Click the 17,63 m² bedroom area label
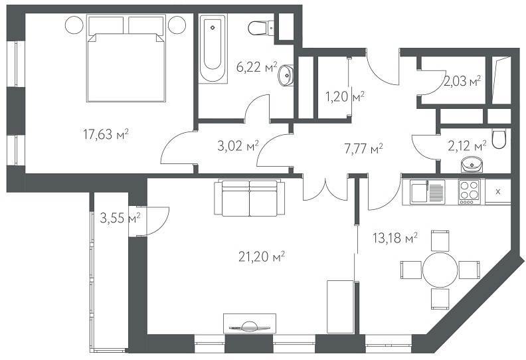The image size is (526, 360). [106, 135]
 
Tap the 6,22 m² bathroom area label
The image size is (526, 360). [257, 67]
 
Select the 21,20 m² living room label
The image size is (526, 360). [262, 257]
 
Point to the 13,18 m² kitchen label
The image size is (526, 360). [395, 238]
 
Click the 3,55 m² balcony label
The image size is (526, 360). [120, 219]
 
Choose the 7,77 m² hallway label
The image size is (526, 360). [364, 148]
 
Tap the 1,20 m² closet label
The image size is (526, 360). [345, 97]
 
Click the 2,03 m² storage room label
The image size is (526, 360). [462, 81]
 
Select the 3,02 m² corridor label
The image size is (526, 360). [238, 146]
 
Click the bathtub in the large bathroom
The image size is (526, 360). [213, 48]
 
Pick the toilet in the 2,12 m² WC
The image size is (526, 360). [499, 139]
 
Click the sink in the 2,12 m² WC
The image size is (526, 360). [472, 165]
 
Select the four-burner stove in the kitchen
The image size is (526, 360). [470, 191]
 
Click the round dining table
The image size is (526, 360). [440, 270]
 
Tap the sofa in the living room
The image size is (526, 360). [250, 198]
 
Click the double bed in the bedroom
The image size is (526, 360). [126, 58]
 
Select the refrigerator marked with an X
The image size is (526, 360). [498, 191]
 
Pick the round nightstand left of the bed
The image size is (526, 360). [74, 25]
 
